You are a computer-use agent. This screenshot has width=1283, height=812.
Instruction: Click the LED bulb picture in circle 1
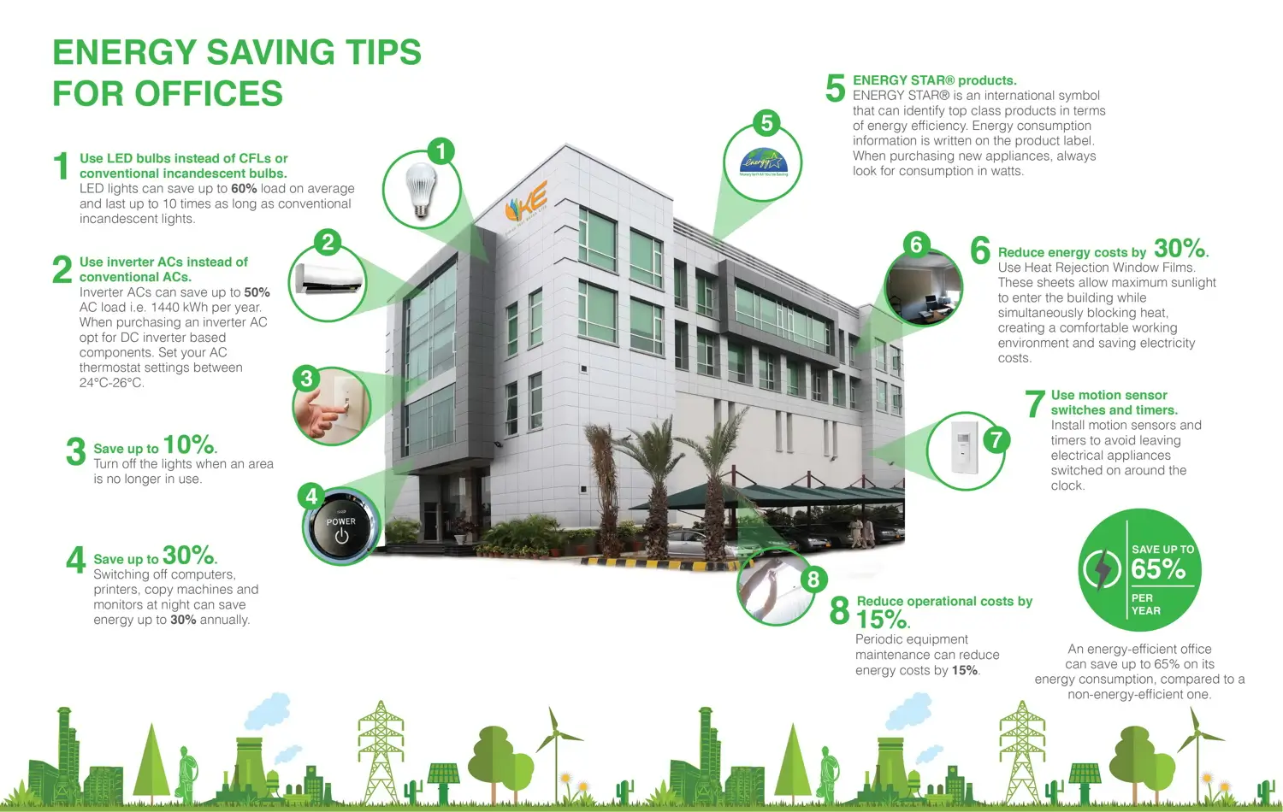click(x=421, y=191)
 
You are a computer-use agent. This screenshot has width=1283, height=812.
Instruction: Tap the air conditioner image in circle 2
click(x=328, y=280)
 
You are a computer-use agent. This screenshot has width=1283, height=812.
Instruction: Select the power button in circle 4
click(x=341, y=527)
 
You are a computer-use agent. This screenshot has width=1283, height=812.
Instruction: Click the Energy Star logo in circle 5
click(x=764, y=162)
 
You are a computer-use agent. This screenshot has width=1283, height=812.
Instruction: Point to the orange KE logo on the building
click(x=526, y=202)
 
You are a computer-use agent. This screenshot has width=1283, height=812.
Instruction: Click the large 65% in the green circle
click(x=1158, y=568)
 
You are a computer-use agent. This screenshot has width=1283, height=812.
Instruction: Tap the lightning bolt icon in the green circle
click(x=1101, y=569)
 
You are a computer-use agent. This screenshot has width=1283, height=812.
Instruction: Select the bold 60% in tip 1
click(x=244, y=188)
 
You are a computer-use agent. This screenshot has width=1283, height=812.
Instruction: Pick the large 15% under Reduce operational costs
click(x=883, y=619)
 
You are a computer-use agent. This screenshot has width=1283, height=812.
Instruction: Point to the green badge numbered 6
click(x=916, y=244)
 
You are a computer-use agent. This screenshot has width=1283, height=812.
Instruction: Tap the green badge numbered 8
click(x=813, y=580)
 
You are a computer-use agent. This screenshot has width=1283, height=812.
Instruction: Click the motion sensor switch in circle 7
click(x=963, y=448)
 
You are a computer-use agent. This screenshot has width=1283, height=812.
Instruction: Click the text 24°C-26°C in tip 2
click(x=112, y=382)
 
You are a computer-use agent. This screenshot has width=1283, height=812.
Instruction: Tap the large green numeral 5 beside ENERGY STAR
click(x=835, y=88)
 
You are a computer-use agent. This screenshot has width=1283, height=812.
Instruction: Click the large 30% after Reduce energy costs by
click(x=1180, y=249)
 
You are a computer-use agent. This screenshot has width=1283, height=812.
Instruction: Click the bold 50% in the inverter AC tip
click(x=257, y=291)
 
